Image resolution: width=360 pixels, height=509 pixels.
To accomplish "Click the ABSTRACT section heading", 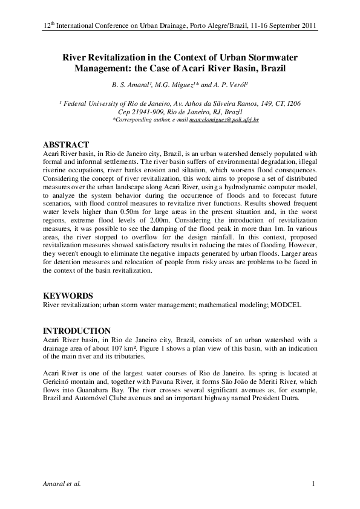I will (67, 145).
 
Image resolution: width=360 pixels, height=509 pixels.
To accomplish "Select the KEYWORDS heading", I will (68, 296).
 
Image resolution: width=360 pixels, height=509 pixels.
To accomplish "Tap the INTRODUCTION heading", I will (77, 331).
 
